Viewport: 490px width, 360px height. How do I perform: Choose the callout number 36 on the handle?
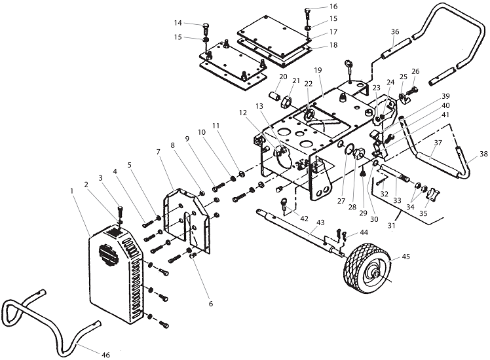pyautogui.click(x=394, y=31)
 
